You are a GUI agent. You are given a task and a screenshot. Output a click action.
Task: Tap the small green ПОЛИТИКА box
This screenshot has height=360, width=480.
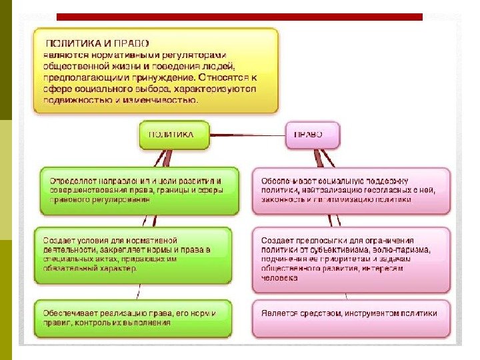click(171, 134)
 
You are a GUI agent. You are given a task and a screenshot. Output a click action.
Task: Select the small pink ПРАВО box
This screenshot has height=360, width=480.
click(311, 134)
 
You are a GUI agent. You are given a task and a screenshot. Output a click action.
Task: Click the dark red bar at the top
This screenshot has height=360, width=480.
click(239, 17)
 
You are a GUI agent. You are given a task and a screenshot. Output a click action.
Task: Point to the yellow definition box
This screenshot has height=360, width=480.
click(156, 70)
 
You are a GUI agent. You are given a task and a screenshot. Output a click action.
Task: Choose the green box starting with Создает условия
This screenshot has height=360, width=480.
click(137, 255)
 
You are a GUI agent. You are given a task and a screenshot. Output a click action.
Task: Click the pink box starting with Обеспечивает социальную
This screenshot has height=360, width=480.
click(351, 190)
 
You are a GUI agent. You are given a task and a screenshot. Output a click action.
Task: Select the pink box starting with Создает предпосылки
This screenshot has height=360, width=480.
click(351, 259)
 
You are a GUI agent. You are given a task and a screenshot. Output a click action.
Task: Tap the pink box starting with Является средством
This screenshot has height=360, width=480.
click(351, 313)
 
